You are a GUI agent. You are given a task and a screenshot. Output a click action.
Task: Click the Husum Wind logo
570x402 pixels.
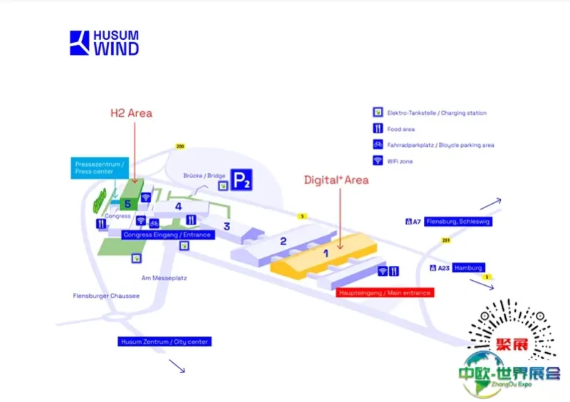click(104, 43)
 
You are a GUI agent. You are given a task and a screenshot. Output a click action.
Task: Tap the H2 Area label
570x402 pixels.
click(131, 113)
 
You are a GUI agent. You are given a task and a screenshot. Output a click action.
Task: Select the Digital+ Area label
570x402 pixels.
click(336, 180)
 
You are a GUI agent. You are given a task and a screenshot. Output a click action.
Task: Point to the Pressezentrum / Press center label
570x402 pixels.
click(100, 168)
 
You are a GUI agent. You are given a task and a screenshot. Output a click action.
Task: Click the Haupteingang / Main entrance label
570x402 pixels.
click(384, 292)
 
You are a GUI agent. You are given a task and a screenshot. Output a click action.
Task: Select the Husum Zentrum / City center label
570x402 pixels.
click(165, 342)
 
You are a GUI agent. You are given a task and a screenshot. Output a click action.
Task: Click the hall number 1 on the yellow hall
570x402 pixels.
click(327, 252)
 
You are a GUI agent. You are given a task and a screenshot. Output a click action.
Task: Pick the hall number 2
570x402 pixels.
click(283, 241)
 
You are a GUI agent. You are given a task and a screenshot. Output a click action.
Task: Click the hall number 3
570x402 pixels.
click(227, 227)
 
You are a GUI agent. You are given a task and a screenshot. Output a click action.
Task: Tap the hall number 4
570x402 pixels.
click(180, 207)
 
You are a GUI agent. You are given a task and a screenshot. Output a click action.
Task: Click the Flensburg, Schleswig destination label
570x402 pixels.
click(458, 222)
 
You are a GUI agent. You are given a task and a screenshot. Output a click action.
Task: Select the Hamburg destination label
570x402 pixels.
click(468, 268)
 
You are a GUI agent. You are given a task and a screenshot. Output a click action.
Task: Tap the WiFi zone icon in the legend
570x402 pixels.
click(378, 161)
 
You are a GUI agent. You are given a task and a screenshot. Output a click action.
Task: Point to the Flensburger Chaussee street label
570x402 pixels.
click(106, 295)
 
